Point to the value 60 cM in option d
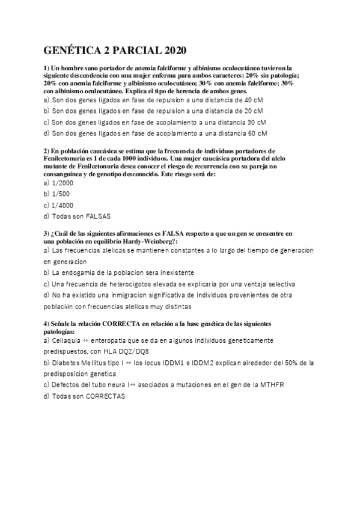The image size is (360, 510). [x=257, y=134]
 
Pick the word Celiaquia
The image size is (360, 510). [x=69, y=340]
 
